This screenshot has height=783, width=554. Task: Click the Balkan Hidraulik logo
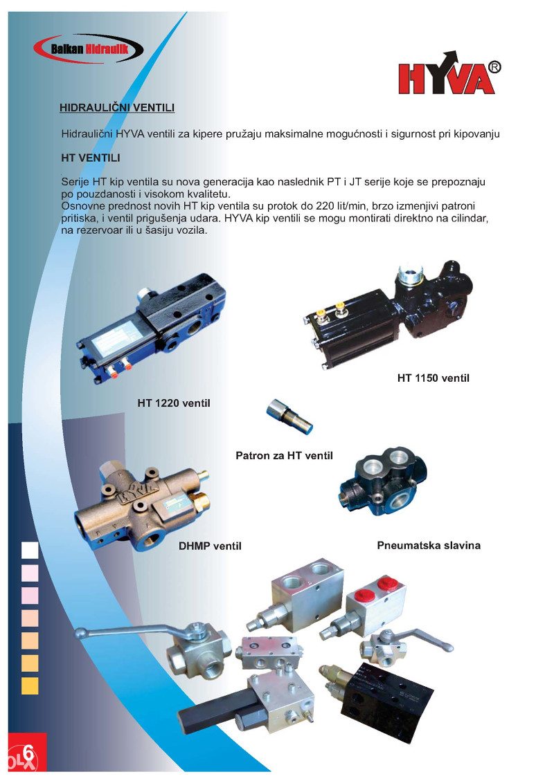[x=89, y=48]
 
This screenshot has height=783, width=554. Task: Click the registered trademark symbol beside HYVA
[x=494, y=67]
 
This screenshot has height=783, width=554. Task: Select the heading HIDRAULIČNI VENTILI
[x=117, y=108]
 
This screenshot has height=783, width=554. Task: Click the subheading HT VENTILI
[x=91, y=158]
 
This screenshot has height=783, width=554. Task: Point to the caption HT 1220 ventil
[x=174, y=403]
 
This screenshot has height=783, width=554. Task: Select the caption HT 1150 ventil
[x=434, y=378]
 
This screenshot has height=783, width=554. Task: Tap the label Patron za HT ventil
[x=284, y=455]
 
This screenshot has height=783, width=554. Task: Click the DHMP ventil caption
[x=210, y=546]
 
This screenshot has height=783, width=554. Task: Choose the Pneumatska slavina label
[x=429, y=545]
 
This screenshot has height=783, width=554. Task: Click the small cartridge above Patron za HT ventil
[x=289, y=416]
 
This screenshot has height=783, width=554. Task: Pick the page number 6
[x=28, y=752]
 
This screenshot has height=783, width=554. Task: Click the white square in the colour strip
[x=30, y=550]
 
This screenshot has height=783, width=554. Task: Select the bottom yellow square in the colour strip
[x=30, y=685]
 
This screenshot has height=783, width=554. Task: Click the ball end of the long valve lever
[x=79, y=634]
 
